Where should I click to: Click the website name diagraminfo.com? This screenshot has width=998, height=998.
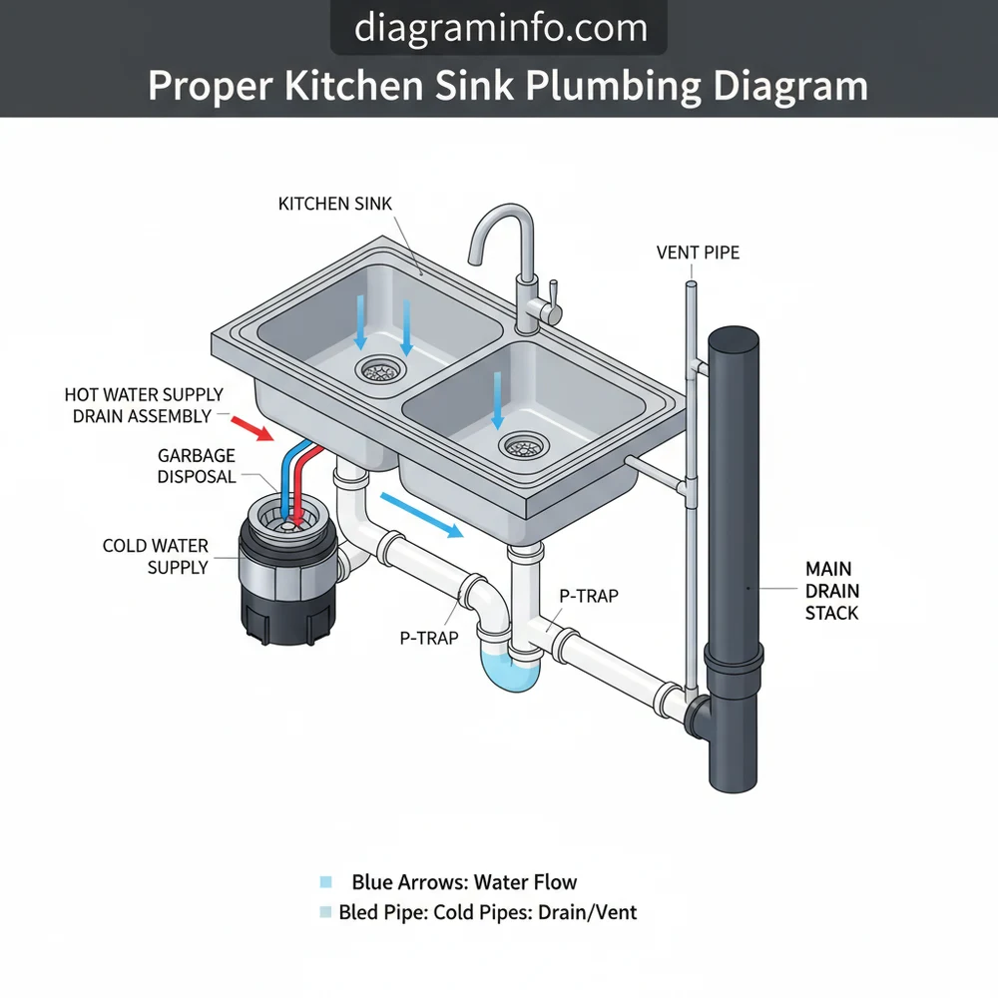[x=498, y=27]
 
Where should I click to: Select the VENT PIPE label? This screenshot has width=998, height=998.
[x=698, y=252]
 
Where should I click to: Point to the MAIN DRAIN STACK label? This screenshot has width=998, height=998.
[x=831, y=590]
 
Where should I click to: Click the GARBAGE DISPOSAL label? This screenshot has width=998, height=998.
[x=197, y=466]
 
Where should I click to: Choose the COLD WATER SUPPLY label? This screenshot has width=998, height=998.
[x=156, y=556]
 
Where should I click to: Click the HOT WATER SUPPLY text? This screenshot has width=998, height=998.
[x=144, y=395]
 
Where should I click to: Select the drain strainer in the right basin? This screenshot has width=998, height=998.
[x=523, y=446]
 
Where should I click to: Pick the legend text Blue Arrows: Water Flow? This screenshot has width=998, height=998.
[x=464, y=882]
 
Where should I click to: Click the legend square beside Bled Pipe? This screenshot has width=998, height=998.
[x=324, y=911]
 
